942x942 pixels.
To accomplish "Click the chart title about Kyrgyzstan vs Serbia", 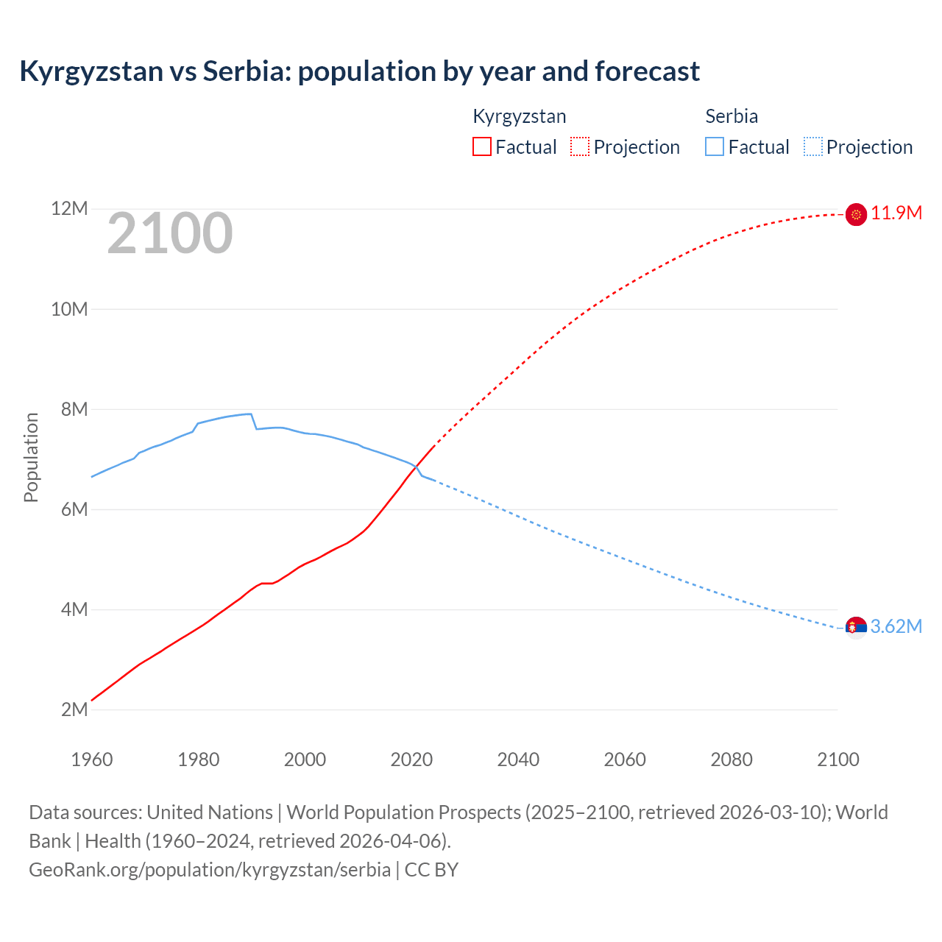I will (x=359, y=71).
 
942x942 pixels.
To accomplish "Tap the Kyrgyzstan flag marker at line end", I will (x=856, y=214).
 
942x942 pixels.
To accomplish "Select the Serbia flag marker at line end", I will (x=856, y=627).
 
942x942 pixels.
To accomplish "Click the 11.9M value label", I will (x=896, y=213).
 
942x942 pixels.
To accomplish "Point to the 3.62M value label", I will (x=896, y=626).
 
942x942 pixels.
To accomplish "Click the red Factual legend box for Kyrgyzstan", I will (x=481, y=146).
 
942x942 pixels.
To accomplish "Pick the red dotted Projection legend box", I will (x=580, y=146).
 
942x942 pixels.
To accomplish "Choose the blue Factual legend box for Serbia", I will (x=715, y=146).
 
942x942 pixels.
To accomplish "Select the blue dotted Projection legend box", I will (x=813, y=146).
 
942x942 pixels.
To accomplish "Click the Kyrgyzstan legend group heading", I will (x=519, y=116).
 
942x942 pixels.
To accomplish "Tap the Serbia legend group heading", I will (x=732, y=116).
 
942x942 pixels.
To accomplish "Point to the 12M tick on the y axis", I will (x=69, y=209).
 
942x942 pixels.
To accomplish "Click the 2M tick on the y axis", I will (x=74, y=709).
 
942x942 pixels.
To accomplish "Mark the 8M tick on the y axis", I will (x=74, y=409).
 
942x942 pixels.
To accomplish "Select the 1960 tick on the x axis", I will (x=92, y=759).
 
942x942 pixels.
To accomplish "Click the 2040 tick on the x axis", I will (x=518, y=759).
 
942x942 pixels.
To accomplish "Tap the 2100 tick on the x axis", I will (x=837, y=759).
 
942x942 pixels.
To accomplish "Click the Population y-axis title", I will (x=31, y=457).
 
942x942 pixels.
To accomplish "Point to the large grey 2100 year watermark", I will (x=170, y=234).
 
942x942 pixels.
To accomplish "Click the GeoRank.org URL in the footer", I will (x=210, y=870).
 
